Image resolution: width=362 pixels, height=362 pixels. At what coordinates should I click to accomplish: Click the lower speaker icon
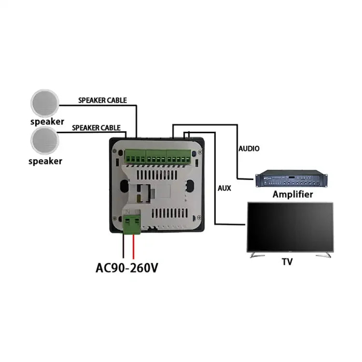click(x=45, y=141)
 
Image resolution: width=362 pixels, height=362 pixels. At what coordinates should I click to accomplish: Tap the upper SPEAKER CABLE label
click(x=102, y=100)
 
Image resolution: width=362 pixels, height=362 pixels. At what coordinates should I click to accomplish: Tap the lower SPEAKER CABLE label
click(x=96, y=128)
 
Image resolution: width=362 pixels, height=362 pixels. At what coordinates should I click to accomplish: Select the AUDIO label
click(x=249, y=149)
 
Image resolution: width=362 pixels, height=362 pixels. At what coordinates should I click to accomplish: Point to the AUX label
click(x=224, y=188)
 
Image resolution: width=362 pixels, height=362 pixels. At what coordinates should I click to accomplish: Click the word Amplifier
click(x=292, y=195)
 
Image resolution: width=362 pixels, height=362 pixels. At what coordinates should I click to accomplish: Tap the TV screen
click(x=290, y=226)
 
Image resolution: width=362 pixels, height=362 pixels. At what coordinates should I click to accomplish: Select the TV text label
click(x=287, y=262)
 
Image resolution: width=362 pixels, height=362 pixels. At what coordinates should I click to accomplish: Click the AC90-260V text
click(x=127, y=267)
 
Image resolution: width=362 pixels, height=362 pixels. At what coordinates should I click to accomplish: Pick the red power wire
click(x=134, y=246)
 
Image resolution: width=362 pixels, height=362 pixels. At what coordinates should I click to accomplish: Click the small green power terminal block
click(x=132, y=224)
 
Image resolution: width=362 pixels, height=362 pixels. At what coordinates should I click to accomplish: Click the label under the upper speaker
click(x=46, y=121)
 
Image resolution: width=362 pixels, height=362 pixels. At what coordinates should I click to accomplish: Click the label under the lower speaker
click(x=45, y=161)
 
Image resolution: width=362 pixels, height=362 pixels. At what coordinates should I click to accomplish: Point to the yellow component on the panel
click(x=139, y=197)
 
